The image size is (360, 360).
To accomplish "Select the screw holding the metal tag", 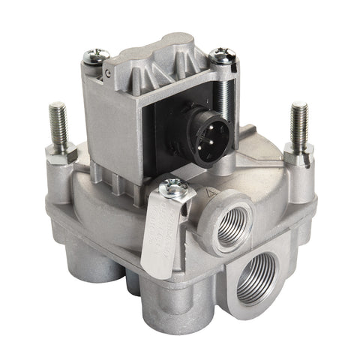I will tap(172, 189).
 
